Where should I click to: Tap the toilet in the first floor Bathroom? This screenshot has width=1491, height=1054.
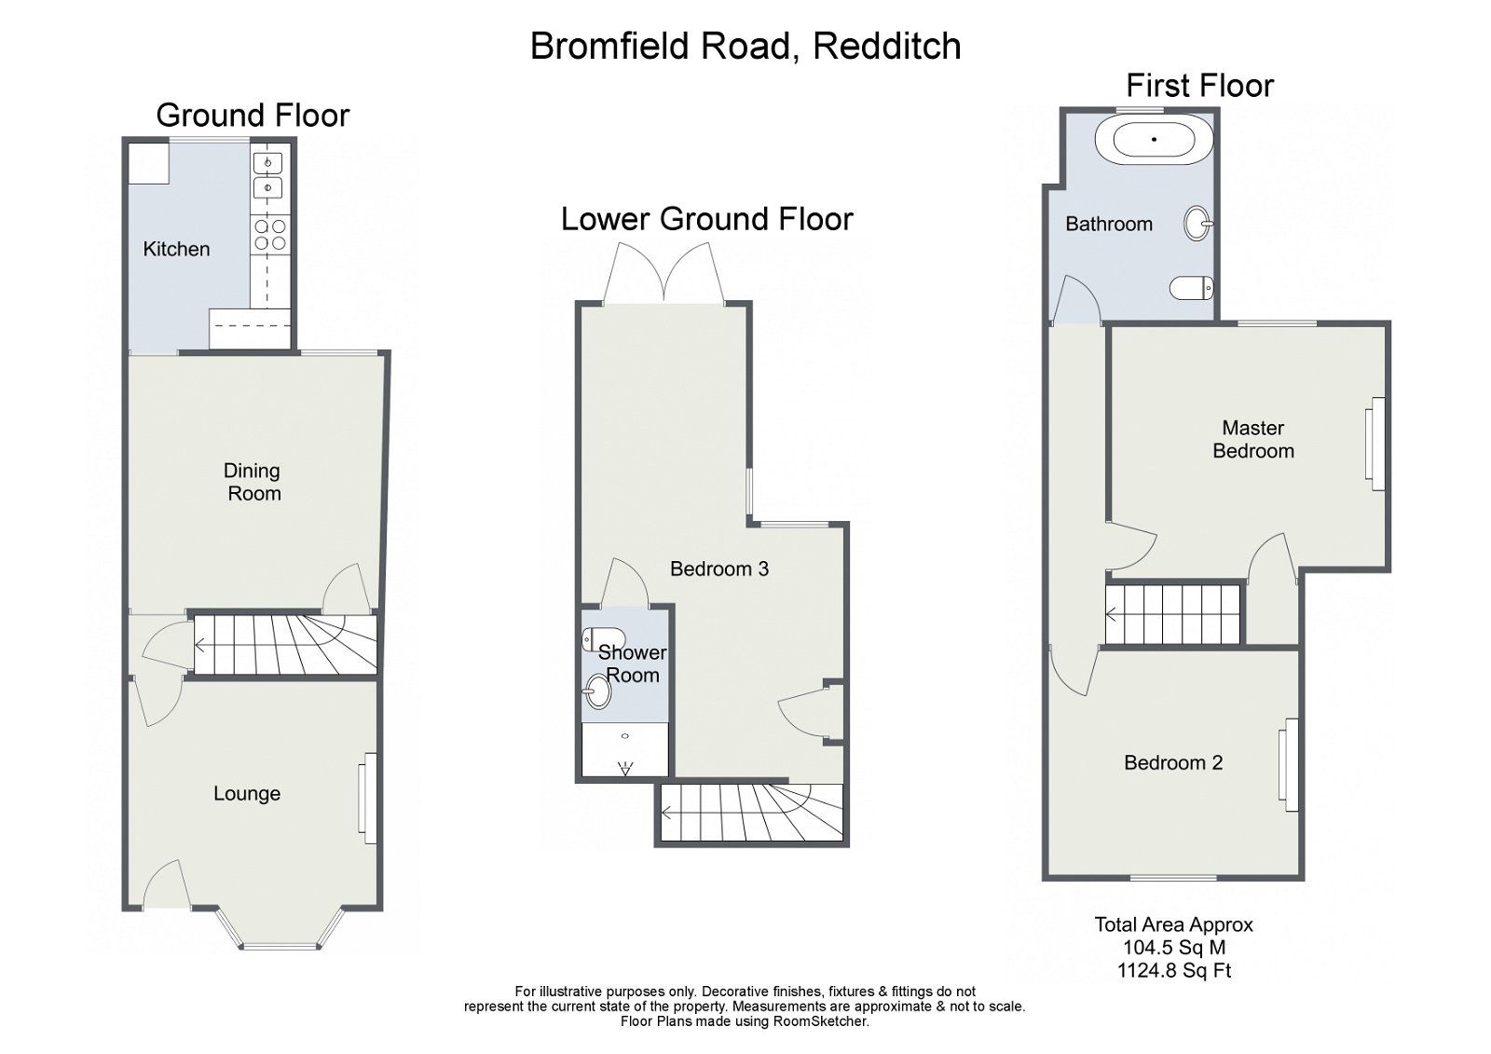(x=1192, y=289)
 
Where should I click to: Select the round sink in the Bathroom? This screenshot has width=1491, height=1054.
(x=1197, y=224)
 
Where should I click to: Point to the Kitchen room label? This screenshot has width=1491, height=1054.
(x=176, y=249)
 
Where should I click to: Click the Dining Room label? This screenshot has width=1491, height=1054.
(x=253, y=482)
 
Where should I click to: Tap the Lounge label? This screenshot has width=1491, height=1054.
(x=247, y=794)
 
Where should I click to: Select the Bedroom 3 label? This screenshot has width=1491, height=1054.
(x=719, y=569)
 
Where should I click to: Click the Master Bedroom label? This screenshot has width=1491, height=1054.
(x=1252, y=440)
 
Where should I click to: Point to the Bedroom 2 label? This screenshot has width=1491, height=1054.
(x=1173, y=763)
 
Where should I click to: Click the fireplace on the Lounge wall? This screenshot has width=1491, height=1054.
(x=369, y=798)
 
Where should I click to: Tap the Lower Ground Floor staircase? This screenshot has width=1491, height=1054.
(x=750, y=813)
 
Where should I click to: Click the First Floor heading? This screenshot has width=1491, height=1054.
(x=1199, y=86)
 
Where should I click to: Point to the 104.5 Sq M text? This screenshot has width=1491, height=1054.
(x=1173, y=948)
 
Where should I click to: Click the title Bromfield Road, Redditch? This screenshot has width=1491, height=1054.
(x=745, y=47)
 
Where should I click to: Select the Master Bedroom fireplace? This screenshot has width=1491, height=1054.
(x=1375, y=442)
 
